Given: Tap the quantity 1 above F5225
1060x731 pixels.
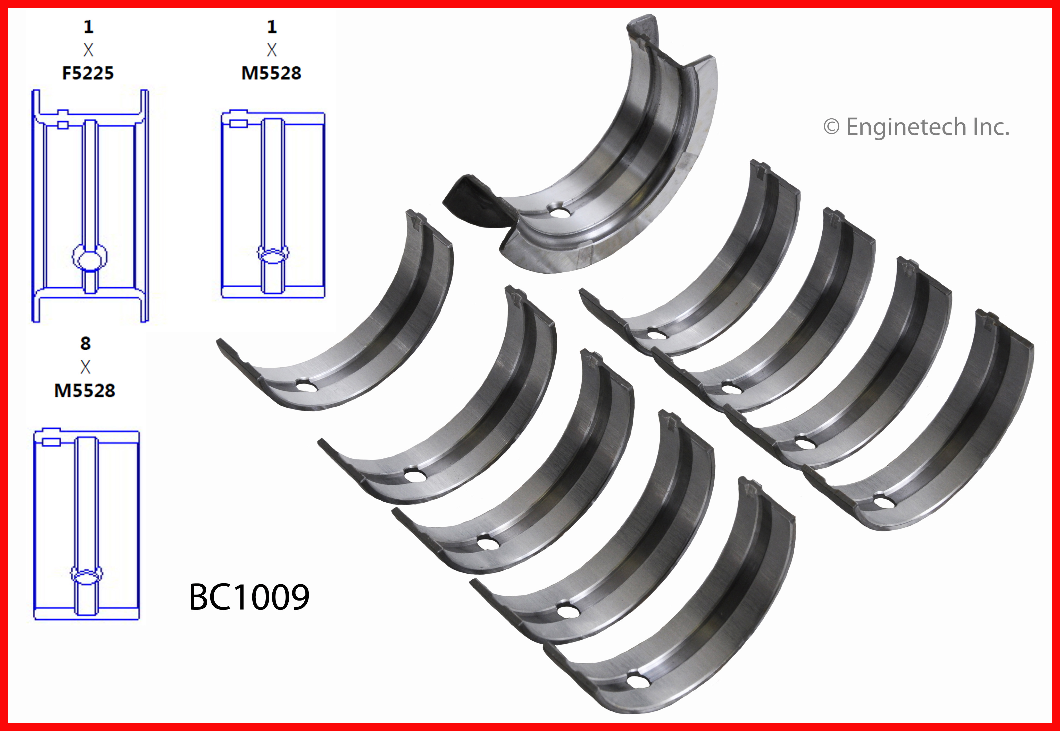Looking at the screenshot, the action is click(x=88, y=27).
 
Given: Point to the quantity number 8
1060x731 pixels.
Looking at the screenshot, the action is click(x=85, y=343).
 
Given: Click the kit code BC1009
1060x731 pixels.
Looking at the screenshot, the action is click(x=249, y=597).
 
